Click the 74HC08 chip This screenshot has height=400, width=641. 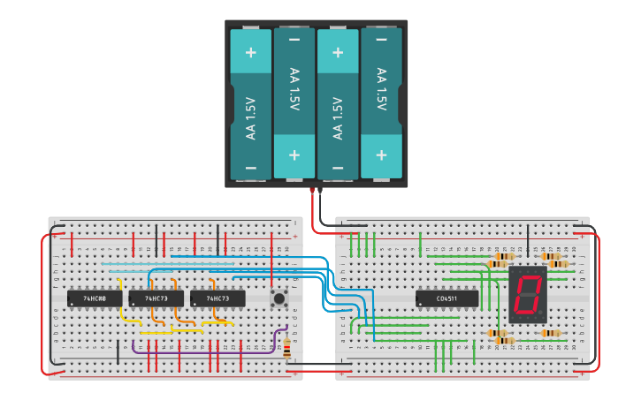(95, 299)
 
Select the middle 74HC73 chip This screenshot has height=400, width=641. (156, 299)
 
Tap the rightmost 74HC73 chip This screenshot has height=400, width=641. (217, 299)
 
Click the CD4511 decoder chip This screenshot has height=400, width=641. (447, 299)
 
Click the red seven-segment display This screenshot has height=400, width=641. (528, 294)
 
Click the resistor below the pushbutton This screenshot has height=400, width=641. (286, 348)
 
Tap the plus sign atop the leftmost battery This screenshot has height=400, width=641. (251, 52)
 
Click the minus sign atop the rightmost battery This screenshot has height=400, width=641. (381, 40)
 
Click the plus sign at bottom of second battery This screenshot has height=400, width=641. (294, 155)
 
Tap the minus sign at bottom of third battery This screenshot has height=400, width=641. (338, 167)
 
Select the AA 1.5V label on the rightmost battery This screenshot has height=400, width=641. (381, 89)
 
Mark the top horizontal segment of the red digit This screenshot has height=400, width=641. (530, 276)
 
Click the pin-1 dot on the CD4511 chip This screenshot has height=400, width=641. (419, 305)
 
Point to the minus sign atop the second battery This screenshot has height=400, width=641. (294, 40)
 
